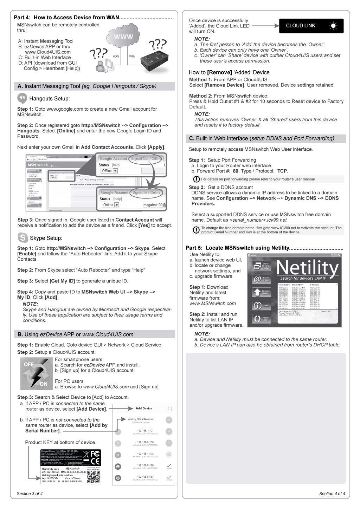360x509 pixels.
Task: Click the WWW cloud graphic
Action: click(123, 37)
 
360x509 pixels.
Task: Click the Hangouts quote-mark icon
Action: click(22, 98)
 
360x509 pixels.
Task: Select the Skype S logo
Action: click(22, 238)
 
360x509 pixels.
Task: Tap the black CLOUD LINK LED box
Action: click(311, 26)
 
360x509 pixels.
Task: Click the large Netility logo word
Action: click(307, 268)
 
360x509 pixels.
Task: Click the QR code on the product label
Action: click(93, 476)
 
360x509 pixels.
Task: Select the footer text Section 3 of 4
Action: click(30, 494)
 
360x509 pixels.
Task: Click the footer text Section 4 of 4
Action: click(332, 494)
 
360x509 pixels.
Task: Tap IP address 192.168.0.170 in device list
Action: click(145, 465)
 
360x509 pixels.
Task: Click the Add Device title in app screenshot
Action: click(144, 408)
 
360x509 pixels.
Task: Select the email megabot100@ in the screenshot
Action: click(154, 205)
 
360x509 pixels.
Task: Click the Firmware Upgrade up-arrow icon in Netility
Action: click(257, 292)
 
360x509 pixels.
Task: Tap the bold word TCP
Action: click(282, 171)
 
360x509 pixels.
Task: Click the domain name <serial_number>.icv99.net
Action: click(258, 220)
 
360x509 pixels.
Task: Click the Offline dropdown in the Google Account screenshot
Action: click(109, 171)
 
